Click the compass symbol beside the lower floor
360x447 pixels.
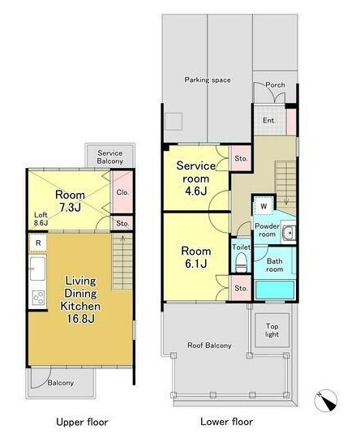click(326, 400)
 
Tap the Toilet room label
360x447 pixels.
click(242, 247)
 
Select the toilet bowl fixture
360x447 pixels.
click(242, 263)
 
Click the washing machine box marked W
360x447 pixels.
click(264, 206)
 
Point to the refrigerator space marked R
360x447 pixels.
click(38, 243)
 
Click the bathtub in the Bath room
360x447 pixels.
click(275, 290)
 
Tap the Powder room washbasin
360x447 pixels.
click(289, 233)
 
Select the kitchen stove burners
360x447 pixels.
click(38, 298)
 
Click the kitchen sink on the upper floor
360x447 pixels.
click(38, 269)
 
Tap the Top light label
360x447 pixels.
click(272, 330)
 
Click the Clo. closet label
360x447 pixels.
click(122, 192)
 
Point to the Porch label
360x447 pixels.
click(275, 84)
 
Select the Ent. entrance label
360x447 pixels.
click(269, 120)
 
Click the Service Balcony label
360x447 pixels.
click(110, 157)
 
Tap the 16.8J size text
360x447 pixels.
click(80, 319)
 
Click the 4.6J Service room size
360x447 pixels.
click(195, 191)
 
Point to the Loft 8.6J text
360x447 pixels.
click(41, 219)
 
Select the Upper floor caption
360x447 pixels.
click(82, 422)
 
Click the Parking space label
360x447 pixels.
click(208, 80)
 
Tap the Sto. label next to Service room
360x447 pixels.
click(241, 158)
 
